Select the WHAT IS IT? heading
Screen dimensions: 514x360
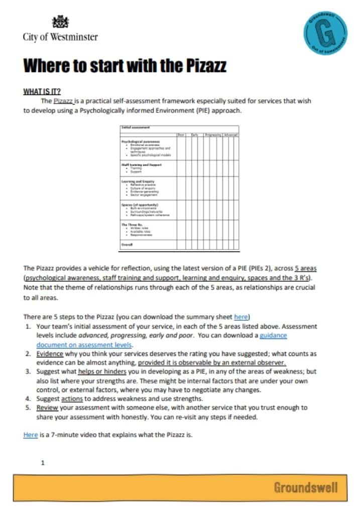click(42, 91)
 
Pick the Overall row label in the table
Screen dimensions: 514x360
click(127, 244)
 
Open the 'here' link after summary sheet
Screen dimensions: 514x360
click(241, 317)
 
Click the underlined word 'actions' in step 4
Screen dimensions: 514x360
click(72, 399)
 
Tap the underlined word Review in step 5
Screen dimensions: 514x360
click(47, 408)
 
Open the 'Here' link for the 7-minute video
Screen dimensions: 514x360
click(30, 435)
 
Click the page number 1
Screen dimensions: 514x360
click(43, 462)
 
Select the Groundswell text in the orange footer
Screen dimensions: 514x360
click(305, 487)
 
